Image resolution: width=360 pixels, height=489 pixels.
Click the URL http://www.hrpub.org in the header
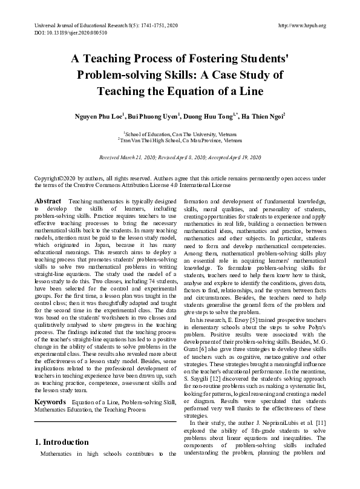click(x=301, y=25)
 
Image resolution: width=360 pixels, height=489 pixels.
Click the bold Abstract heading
click(x=48, y=201)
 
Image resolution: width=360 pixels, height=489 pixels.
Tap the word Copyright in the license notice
click(x=47, y=179)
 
